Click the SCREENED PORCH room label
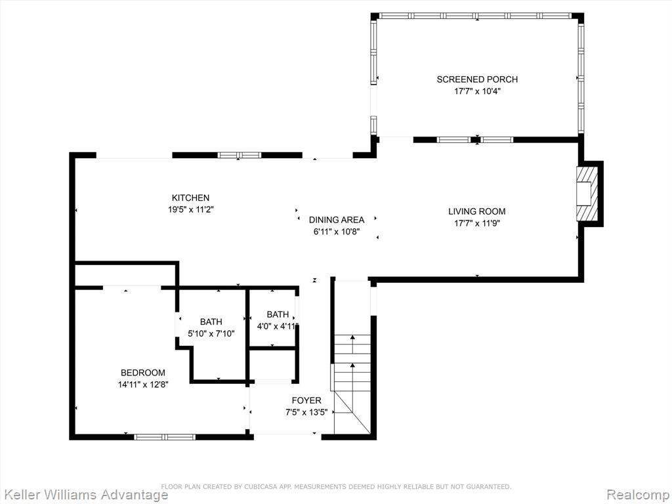(x=477, y=79)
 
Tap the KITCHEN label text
(x=191, y=198)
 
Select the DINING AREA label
(x=337, y=220)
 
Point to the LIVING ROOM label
(x=477, y=211)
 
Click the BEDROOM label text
(x=142, y=373)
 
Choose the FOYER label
(x=306, y=400)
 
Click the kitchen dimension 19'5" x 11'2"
(x=191, y=209)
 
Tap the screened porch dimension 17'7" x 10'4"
(x=477, y=91)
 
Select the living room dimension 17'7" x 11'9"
(x=477, y=223)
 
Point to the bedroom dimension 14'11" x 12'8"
(x=142, y=385)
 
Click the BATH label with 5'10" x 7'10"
(x=211, y=322)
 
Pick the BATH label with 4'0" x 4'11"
(x=278, y=314)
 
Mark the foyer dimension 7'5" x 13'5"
(x=306, y=412)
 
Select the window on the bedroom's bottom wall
(x=165, y=436)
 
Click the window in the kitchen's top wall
(x=239, y=155)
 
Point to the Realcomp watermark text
(x=638, y=494)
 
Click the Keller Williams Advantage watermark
(x=85, y=494)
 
